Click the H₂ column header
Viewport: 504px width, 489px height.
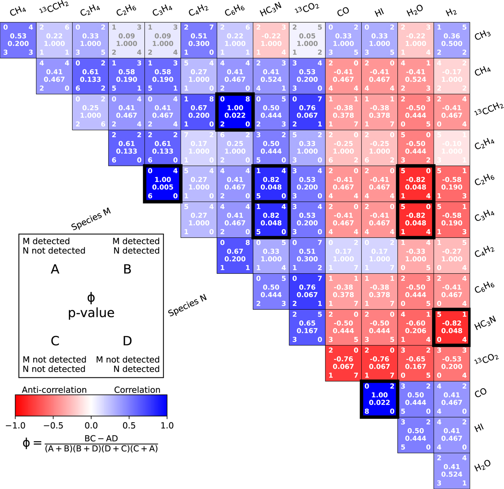tap(451, 12)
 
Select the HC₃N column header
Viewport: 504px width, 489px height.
tap(271, 11)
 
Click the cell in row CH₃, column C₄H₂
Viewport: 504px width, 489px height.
tap(199, 40)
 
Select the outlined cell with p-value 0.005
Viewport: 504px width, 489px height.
tap(163, 184)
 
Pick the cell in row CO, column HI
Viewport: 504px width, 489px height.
tap(379, 399)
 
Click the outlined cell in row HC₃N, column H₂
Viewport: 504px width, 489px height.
tap(451, 327)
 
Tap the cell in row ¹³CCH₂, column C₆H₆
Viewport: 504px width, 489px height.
tap(235, 112)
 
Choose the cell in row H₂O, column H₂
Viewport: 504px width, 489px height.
tap(451, 471)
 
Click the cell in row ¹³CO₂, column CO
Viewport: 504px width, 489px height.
tap(343, 363)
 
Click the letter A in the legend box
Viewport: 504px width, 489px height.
tap(55, 269)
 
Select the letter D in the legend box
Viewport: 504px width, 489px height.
tap(127, 341)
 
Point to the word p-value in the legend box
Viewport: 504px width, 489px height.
tap(91, 313)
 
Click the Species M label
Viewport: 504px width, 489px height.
tap(91, 219)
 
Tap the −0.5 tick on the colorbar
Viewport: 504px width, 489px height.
tap(53, 425)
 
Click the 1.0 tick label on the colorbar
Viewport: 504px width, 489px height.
tap(167, 425)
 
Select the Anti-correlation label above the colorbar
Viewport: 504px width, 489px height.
tap(54, 390)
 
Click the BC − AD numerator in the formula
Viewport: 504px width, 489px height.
tap(101, 438)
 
